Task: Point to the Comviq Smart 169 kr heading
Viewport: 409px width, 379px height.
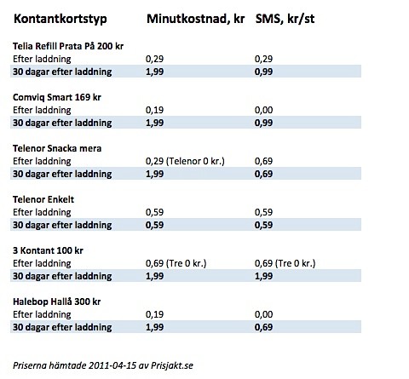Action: (x=55, y=97)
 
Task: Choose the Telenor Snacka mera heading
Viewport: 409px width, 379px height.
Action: (x=57, y=148)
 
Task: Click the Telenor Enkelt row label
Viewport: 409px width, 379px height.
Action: (x=44, y=199)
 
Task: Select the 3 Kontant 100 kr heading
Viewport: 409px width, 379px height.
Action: (x=49, y=250)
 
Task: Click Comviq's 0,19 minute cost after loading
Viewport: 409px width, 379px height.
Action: (x=155, y=110)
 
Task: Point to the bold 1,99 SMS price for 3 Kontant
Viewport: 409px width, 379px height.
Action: (x=264, y=276)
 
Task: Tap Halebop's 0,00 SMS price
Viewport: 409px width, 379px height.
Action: (x=264, y=314)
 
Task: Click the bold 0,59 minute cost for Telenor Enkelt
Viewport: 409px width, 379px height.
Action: (x=155, y=225)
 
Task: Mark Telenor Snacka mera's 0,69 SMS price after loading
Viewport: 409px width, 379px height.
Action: (x=264, y=161)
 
